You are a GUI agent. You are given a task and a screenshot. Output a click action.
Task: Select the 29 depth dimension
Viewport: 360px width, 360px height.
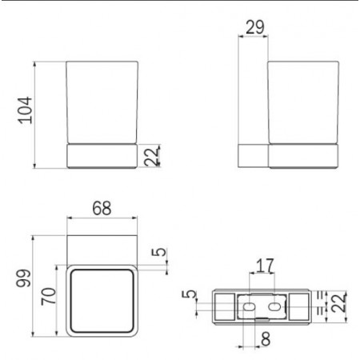point(254,27)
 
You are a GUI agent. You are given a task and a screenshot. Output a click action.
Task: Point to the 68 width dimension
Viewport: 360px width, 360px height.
point(101,209)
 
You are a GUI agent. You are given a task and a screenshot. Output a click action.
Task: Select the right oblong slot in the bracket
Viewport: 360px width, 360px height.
point(276,306)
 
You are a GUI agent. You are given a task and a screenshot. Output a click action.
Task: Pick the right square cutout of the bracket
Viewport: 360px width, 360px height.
point(300,306)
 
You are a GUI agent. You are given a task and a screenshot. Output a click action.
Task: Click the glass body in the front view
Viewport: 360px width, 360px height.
point(101,100)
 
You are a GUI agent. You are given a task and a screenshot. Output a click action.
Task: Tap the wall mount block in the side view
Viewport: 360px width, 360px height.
point(253,155)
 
